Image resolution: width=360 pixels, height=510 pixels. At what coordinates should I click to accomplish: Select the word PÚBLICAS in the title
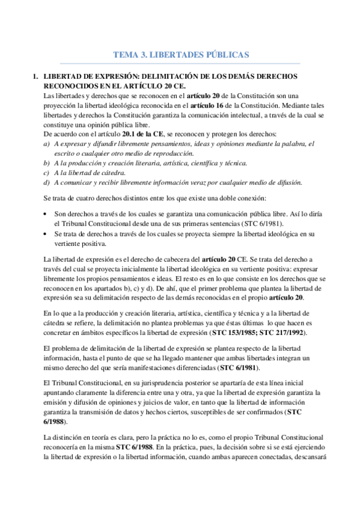pos(223,55)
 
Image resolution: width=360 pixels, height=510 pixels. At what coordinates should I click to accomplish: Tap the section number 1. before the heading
pos(37,77)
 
